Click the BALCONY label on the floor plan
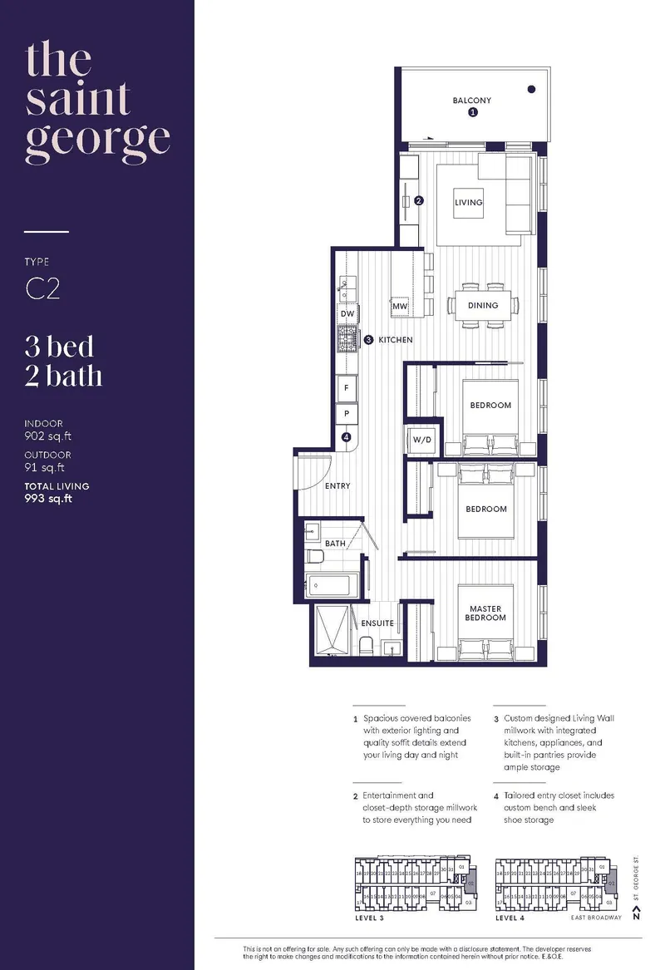pos(471,101)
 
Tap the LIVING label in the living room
pos(468,202)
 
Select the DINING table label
pos(482,305)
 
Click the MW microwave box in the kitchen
pos(401,307)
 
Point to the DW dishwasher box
pos(347,313)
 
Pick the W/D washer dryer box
pos(419,440)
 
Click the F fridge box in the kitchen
pos(346,388)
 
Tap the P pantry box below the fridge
pos(346,413)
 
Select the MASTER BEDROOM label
pos(485,613)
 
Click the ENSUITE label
pos(377,623)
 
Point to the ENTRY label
pos(337,485)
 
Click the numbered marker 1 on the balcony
pos(472,112)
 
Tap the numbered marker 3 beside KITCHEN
pos(368,339)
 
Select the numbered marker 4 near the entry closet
pos(346,436)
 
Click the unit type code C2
pos(42,288)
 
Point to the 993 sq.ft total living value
pos(48,499)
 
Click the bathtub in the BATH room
pos(331,585)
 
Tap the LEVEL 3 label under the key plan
pos(372,919)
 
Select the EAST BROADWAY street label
pos(596,919)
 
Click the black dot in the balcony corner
pos(531,88)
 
